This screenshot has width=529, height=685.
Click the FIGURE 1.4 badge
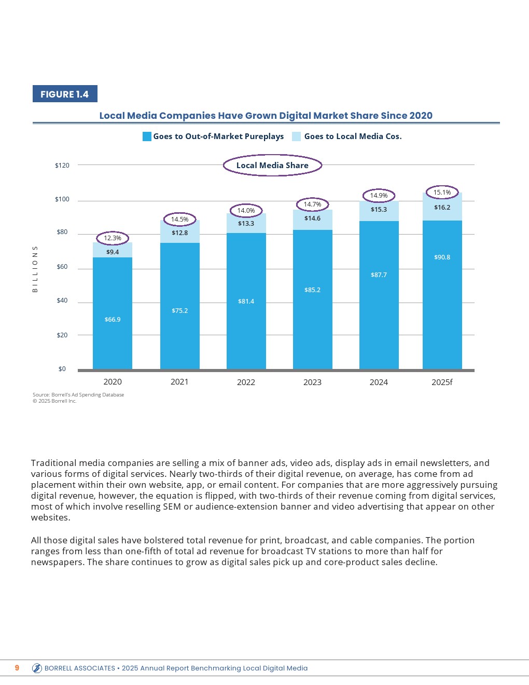[65, 94]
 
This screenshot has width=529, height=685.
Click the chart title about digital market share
[266, 116]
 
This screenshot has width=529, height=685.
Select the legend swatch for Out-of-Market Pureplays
[147, 136]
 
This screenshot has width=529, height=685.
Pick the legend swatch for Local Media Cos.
[297, 136]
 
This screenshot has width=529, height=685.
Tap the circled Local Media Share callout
[272, 166]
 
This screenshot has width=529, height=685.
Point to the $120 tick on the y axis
[62, 166]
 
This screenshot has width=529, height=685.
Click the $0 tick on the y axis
[62, 369]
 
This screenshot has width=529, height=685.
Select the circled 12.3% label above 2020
[113, 238]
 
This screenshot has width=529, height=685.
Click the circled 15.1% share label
[442, 193]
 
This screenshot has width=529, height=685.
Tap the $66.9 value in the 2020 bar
[113, 320]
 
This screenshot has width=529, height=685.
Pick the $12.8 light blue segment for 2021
[180, 233]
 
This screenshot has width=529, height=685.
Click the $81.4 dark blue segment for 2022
[246, 302]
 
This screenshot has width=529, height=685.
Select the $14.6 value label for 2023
[313, 218]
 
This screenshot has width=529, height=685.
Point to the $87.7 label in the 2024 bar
[379, 275]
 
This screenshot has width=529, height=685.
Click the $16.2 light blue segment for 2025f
[442, 208]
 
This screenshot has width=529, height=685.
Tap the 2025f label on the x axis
[442, 382]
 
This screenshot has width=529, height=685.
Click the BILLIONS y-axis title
[35, 269]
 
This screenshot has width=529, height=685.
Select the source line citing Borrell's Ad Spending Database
[78, 395]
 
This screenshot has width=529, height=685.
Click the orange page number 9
[17, 668]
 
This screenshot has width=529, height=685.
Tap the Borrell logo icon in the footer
[37, 668]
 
